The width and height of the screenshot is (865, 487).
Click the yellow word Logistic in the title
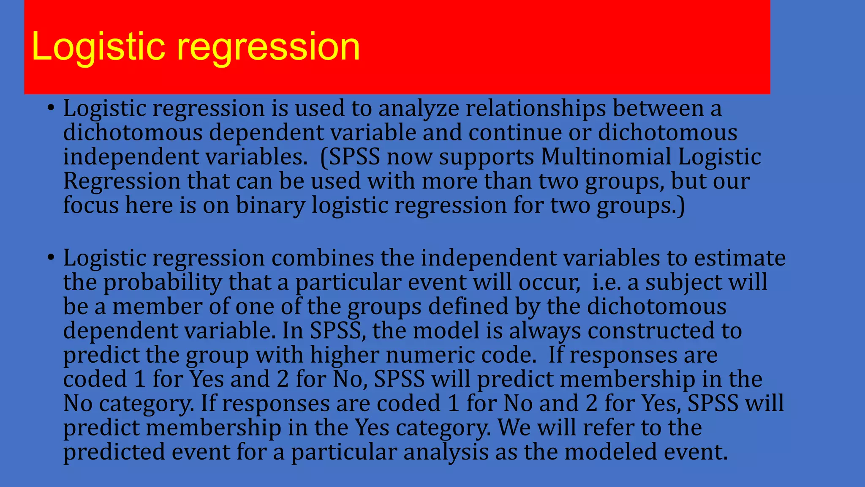click(98, 47)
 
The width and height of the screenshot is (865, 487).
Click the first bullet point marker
click(51, 108)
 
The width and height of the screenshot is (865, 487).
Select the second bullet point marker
click(51, 257)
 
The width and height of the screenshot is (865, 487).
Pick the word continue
click(515, 133)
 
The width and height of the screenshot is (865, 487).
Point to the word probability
click(162, 283)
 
